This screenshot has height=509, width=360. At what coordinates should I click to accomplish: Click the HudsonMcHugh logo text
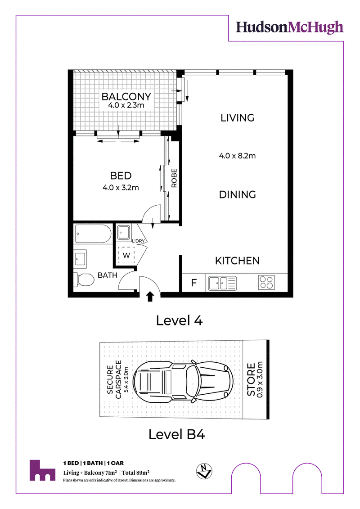tap(289, 27)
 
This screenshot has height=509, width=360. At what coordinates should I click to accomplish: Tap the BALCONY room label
tap(126, 96)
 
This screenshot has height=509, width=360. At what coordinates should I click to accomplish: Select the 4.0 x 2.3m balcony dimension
tap(126, 105)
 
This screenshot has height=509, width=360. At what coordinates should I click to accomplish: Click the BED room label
tap(121, 176)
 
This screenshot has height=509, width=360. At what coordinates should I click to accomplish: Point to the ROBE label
tap(174, 178)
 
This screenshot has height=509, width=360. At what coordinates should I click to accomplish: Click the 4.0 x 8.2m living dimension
tap(237, 156)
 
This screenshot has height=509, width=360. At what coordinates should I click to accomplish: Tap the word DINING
tap(237, 194)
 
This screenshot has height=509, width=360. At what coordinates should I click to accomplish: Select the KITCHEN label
tap(237, 261)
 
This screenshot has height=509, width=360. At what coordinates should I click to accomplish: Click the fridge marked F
tap(194, 283)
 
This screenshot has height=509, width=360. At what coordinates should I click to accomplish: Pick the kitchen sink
tap(222, 283)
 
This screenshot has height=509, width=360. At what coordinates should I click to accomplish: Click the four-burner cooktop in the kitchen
tap(266, 283)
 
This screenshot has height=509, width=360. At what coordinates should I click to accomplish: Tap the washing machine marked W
tap(126, 256)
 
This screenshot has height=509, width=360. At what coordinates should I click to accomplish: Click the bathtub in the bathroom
tap(93, 234)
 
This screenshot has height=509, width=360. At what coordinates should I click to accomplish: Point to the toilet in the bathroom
tap(84, 280)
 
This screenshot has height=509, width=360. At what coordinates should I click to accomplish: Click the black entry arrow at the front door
tap(150, 297)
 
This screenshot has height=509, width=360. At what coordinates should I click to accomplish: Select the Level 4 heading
tap(179, 321)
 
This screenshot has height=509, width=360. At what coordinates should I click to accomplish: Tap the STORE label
tap(251, 379)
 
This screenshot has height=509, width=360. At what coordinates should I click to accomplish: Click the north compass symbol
tap(204, 471)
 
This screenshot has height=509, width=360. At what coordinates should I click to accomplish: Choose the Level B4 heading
tap(177, 434)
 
